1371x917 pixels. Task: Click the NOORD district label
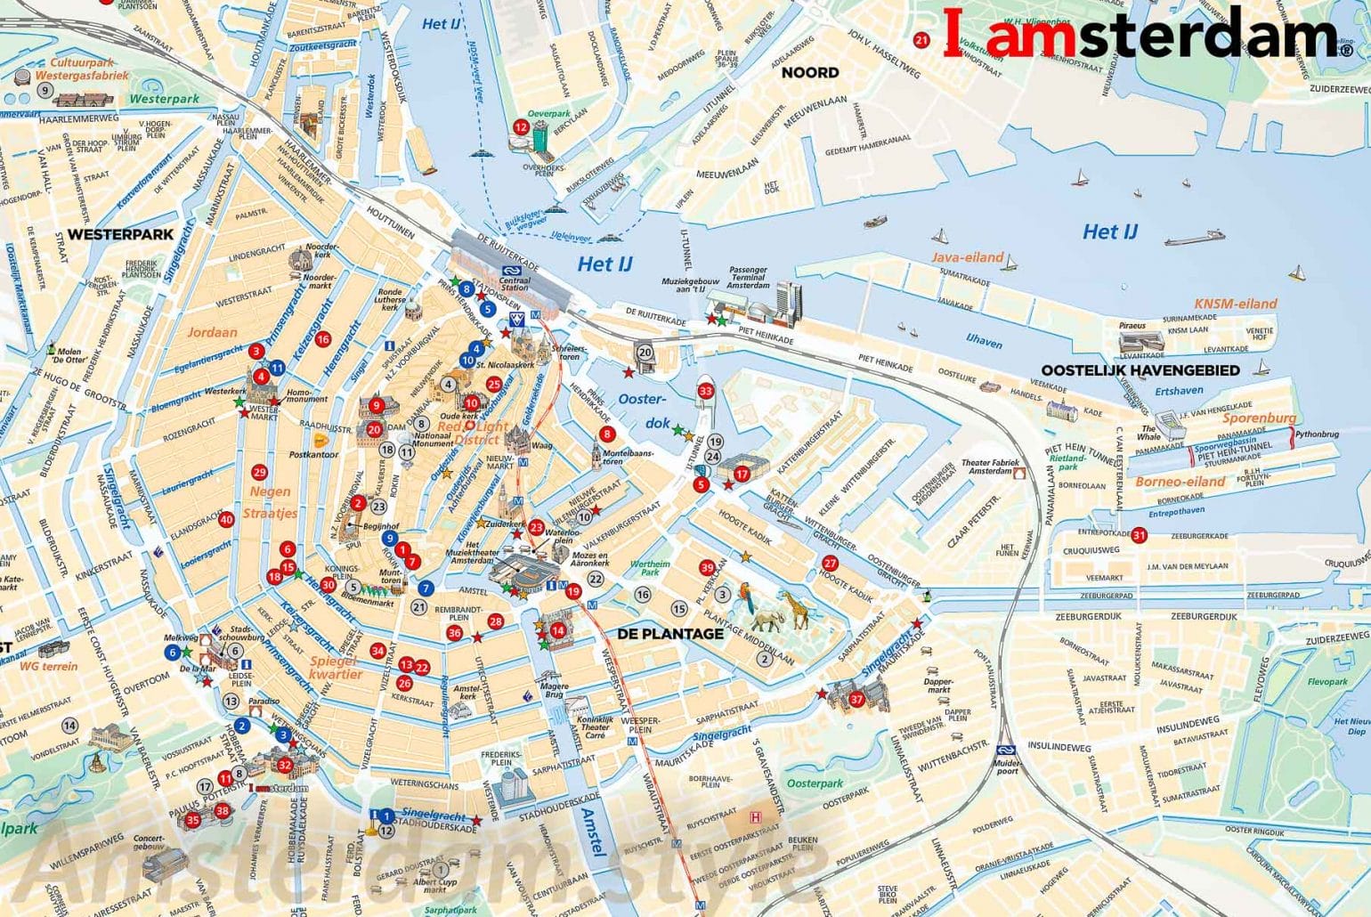click(810, 72)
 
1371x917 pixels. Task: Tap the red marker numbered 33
click(706, 391)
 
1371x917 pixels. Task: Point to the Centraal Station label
click(515, 283)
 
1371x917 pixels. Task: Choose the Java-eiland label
click(967, 257)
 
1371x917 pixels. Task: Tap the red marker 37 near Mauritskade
click(856, 699)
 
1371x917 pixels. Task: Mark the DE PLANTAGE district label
click(670, 634)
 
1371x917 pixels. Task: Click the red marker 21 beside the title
click(921, 40)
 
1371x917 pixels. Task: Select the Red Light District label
click(474, 433)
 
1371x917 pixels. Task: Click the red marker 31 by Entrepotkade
click(1139, 535)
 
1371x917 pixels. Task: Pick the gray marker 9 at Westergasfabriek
click(44, 91)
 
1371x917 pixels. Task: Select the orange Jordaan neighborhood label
click(212, 332)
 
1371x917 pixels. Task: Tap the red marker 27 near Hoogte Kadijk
click(830, 563)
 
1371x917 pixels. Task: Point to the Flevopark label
click(1327, 682)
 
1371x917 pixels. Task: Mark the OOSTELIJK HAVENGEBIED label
click(1140, 370)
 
